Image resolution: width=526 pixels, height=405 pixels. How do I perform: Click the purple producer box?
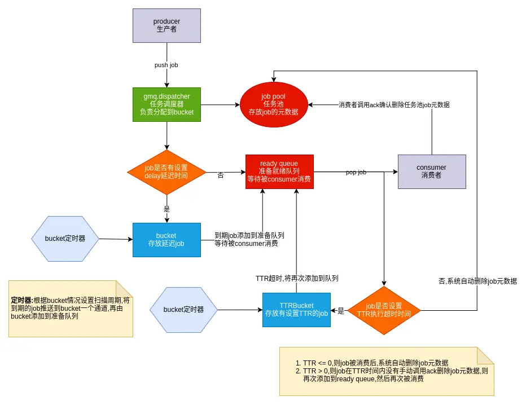pyautogui.click(x=166, y=25)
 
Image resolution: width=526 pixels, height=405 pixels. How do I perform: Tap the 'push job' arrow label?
pyautogui.click(x=166, y=65)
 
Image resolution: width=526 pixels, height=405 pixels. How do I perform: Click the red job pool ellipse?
pyautogui.click(x=274, y=104)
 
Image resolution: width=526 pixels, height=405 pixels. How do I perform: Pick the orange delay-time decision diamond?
pyautogui.click(x=166, y=172)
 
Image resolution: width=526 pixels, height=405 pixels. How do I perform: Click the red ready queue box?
pyautogui.click(x=279, y=171)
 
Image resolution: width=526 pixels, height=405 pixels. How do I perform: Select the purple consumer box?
pyautogui.click(x=432, y=171)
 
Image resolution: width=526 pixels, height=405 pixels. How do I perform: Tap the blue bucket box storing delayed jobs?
pyautogui.click(x=166, y=240)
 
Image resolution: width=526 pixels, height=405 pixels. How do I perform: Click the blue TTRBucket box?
pyautogui.click(x=296, y=310)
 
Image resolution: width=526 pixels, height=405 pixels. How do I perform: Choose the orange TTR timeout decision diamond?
pyautogui.click(x=384, y=310)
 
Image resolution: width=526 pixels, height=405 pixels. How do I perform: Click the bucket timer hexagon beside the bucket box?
pyautogui.click(x=65, y=239)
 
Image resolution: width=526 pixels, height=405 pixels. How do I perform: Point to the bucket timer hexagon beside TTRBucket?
pyautogui.click(x=183, y=310)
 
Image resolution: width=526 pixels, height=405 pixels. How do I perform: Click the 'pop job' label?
pyautogui.click(x=356, y=172)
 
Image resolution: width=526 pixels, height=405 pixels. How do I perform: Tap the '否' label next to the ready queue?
pyautogui.click(x=221, y=175)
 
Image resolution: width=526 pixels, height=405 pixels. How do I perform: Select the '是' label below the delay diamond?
pyautogui.click(x=166, y=209)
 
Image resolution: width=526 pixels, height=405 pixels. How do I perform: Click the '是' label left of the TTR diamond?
pyautogui.click(x=340, y=310)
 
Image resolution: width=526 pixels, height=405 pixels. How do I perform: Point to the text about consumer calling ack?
pyautogui.click(x=394, y=105)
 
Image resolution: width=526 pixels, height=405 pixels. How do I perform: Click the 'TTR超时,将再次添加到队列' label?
pyautogui.click(x=297, y=279)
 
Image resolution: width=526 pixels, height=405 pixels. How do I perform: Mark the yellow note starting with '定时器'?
pyautogui.click(x=71, y=309)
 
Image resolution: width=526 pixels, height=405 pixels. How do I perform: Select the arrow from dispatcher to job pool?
pyautogui.click(x=220, y=104)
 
